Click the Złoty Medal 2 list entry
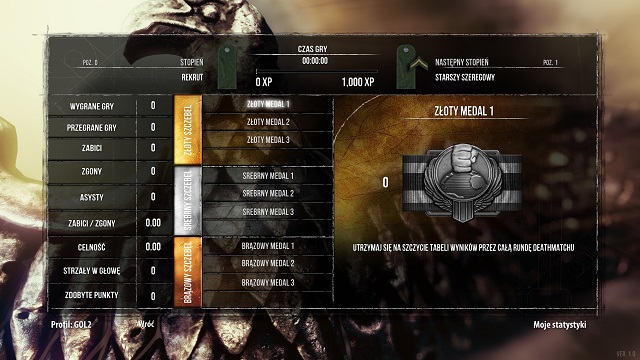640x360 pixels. (267, 122)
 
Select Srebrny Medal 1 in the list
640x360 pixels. (267, 175)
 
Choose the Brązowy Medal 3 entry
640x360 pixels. (267, 282)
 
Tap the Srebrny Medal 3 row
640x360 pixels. (267, 212)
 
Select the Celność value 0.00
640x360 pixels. (153, 246)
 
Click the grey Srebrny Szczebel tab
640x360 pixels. (187, 199)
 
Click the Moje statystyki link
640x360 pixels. (560, 326)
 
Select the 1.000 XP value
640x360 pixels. (357, 81)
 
